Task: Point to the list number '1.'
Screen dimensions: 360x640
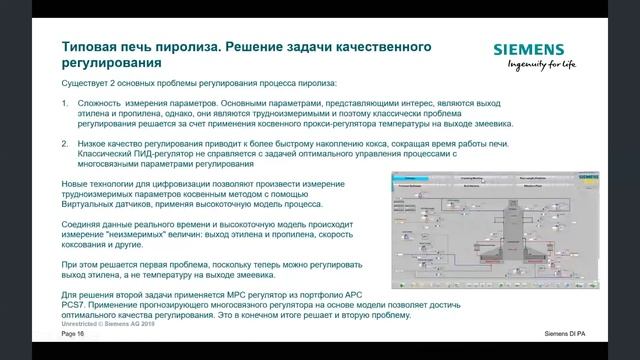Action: (x=66, y=103)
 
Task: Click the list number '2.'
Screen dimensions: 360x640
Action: (x=66, y=144)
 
